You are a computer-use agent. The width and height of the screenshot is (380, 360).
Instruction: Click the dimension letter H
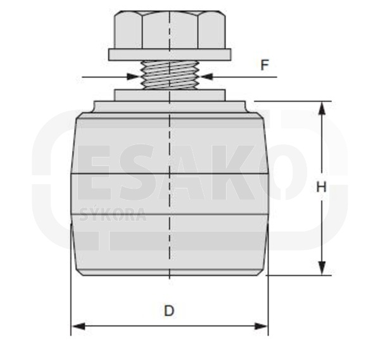point(321,187)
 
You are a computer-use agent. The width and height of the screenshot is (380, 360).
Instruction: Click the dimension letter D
point(169,311)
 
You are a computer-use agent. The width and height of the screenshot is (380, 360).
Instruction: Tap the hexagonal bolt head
point(169,30)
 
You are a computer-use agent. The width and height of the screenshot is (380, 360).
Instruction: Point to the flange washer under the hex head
point(169,54)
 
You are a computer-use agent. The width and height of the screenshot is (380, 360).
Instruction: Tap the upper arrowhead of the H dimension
point(322,108)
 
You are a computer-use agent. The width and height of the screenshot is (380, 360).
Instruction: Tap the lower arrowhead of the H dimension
point(322,268)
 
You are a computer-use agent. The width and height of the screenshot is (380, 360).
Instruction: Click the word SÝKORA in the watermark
point(113,214)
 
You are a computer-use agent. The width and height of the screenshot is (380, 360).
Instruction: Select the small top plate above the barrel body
point(169,94)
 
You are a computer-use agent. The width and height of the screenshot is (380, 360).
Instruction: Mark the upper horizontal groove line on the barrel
point(169,173)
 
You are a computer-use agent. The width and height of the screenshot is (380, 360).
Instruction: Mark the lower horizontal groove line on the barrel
point(169,214)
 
